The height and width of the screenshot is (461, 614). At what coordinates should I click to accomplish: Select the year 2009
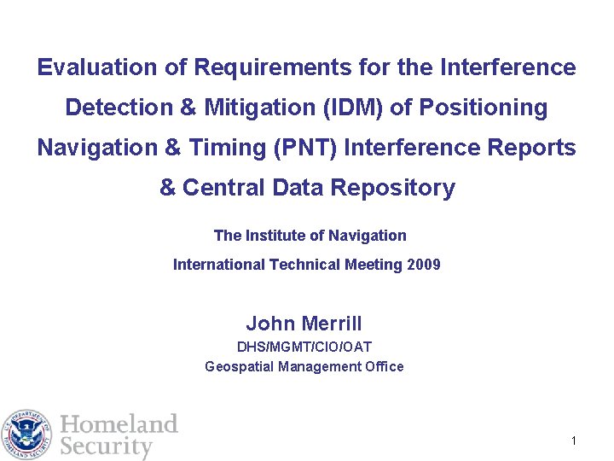coord(424,265)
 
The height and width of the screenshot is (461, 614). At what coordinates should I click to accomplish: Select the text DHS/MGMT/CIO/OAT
coord(304,347)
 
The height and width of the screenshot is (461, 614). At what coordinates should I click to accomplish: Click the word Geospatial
coord(239,367)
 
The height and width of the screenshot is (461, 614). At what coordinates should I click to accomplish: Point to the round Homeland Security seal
coord(28,435)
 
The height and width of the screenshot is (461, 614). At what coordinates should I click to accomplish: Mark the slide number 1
coord(575,441)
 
